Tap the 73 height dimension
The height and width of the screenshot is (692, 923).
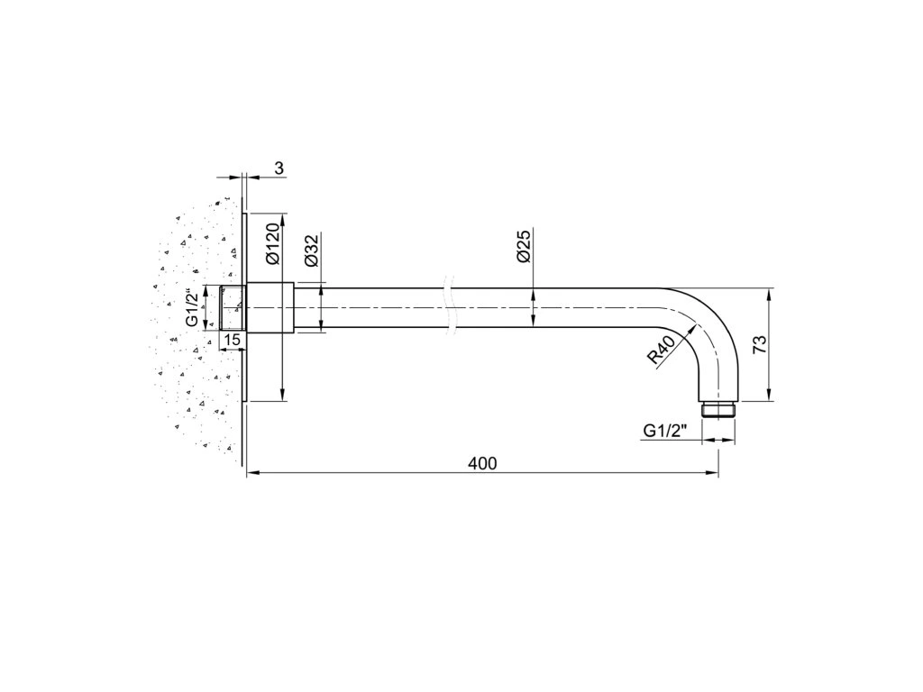click(x=761, y=344)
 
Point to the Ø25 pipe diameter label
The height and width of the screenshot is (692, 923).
click(x=524, y=247)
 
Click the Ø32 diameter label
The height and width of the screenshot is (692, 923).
click(x=311, y=250)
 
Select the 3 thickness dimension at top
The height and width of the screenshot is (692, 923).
click(x=279, y=168)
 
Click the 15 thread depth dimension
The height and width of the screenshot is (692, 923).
click(x=233, y=340)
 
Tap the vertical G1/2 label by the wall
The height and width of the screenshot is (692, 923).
click(x=193, y=307)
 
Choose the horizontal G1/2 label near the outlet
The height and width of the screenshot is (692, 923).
click(x=666, y=431)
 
